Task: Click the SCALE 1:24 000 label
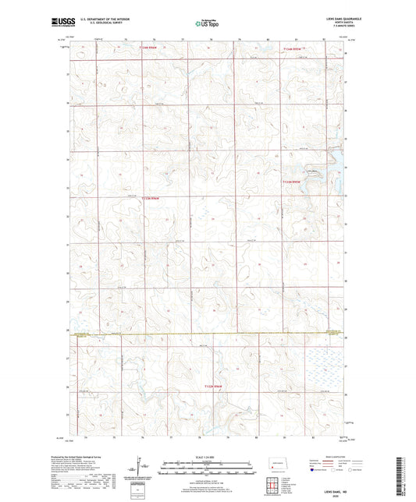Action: pos(207,456)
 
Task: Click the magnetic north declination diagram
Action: pos(137,468)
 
